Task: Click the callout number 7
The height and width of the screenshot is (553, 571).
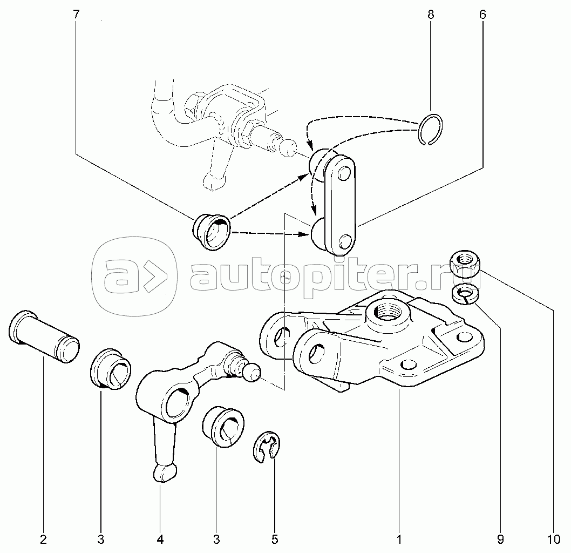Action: tap(75, 15)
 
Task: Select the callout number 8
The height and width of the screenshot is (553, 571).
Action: tap(430, 15)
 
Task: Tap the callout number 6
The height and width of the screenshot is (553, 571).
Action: tap(482, 15)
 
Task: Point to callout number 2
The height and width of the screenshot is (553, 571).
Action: tap(43, 538)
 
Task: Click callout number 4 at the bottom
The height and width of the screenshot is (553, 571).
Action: tap(160, 538)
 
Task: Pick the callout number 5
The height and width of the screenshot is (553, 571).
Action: tap(274, 538)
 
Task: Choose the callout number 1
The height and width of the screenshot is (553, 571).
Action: tap(399, 538)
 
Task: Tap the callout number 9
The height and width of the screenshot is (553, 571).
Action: tap(500, 538)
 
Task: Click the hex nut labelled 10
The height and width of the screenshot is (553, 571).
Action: tap(465, 263)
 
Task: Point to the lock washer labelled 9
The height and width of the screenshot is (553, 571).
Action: tap(464, 295)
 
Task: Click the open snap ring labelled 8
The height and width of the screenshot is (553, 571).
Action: tap(431, 130)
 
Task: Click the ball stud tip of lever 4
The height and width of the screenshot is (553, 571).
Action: tap(253, 373)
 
